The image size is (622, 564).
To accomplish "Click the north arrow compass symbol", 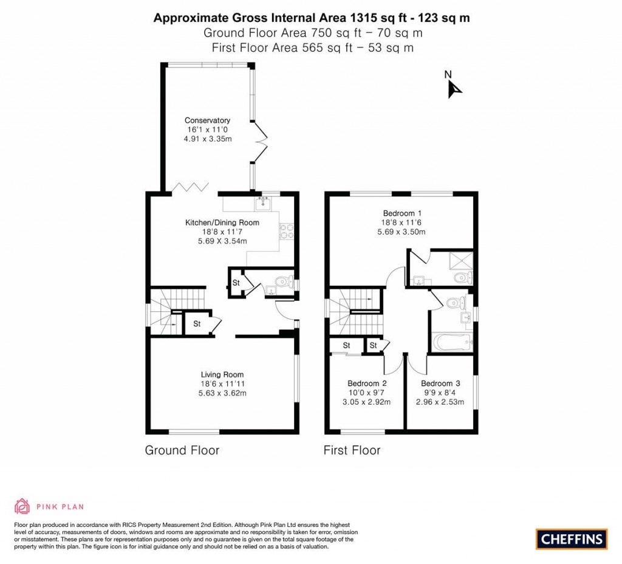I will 454,89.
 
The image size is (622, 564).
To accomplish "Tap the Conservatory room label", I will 207,120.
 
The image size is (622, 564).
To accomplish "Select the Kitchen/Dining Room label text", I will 222,222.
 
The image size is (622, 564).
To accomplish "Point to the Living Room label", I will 222,374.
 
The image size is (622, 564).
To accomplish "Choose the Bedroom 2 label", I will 367,383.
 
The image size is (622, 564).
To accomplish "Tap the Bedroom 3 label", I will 440,383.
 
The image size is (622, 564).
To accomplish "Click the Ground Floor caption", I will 182,450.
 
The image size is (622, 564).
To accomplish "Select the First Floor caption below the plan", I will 352,450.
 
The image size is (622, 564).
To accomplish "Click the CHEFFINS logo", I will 572,538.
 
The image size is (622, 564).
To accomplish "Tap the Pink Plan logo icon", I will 22,506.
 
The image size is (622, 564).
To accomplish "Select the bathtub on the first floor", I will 451,342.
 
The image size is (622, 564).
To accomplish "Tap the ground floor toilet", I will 281,282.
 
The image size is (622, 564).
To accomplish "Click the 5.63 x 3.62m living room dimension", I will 222,393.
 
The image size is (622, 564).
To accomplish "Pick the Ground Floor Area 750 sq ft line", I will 313,33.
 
